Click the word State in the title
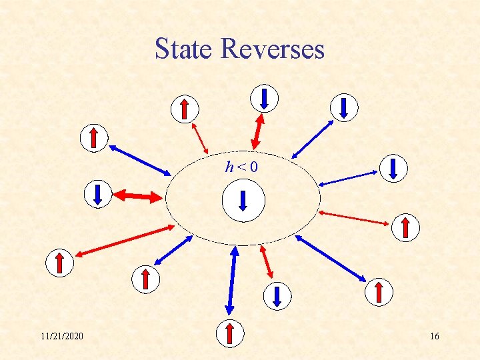(184, 49)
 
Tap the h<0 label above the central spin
(241, 167)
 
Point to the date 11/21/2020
(62, 336)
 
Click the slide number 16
(434, 336)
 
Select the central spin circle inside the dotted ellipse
(243, 201)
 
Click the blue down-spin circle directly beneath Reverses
(264, 98)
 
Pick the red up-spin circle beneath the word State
(185, 108)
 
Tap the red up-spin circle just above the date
(59, 263)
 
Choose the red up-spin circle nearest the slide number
(379, 292)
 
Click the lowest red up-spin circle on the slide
(230, 333)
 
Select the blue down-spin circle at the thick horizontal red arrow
(97, 194)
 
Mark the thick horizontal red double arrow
(138, 196)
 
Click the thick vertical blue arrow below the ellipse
(232, 280)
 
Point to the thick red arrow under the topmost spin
(257, 131)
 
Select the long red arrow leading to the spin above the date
(125, 241)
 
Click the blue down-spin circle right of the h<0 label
(393, 168)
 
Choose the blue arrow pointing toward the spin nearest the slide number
(331, 258)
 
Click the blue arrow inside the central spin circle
(243, 201)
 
